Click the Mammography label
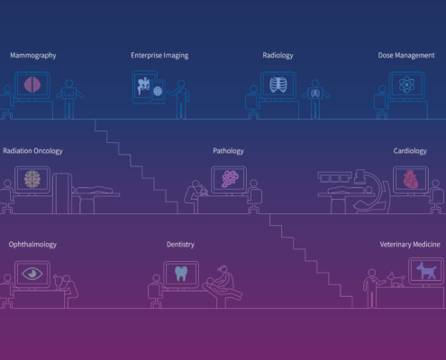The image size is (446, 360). click(33, 56)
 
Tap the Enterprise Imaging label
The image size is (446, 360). click(159, 56)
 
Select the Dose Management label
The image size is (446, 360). click(406, 55)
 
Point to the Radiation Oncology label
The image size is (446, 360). click(32, 151)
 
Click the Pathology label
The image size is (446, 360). click(228, 151)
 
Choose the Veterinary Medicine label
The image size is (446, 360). click(410, 245)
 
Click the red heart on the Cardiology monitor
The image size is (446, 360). click(411, 179)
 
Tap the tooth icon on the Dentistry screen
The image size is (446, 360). click(181, 274)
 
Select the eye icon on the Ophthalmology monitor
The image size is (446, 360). click(32, 274)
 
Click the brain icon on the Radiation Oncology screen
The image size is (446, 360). click(32, 179)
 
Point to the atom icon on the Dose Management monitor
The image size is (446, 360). click(406, 85)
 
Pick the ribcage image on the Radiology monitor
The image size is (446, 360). click(278, 85)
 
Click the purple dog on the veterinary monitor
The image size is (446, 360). click(426, 270)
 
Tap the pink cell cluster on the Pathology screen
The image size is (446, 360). click(230, 179)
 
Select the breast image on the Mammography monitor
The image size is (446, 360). click(32, 85)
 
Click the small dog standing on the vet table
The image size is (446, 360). click(396, 280)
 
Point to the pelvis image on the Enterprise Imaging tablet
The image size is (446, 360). click(143, 86)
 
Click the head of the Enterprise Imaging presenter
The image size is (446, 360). click(181, 84)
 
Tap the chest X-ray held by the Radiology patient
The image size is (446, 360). click(315, 94)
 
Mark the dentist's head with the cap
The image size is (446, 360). click(223, 269)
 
